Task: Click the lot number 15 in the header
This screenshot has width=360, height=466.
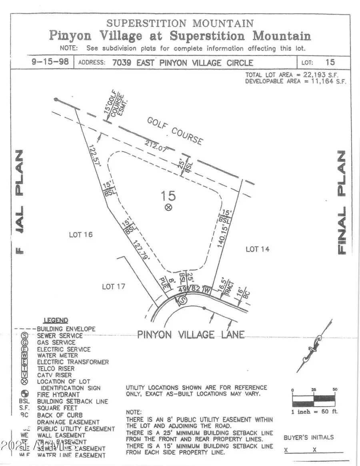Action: tap(330, 62)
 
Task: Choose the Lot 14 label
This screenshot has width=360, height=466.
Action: tap(257, 249)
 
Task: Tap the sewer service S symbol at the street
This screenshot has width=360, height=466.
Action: tap(182, 300)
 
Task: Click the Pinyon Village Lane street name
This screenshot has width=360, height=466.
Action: tap(191, 334)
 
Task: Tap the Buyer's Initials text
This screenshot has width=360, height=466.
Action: tap(308, 437)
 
